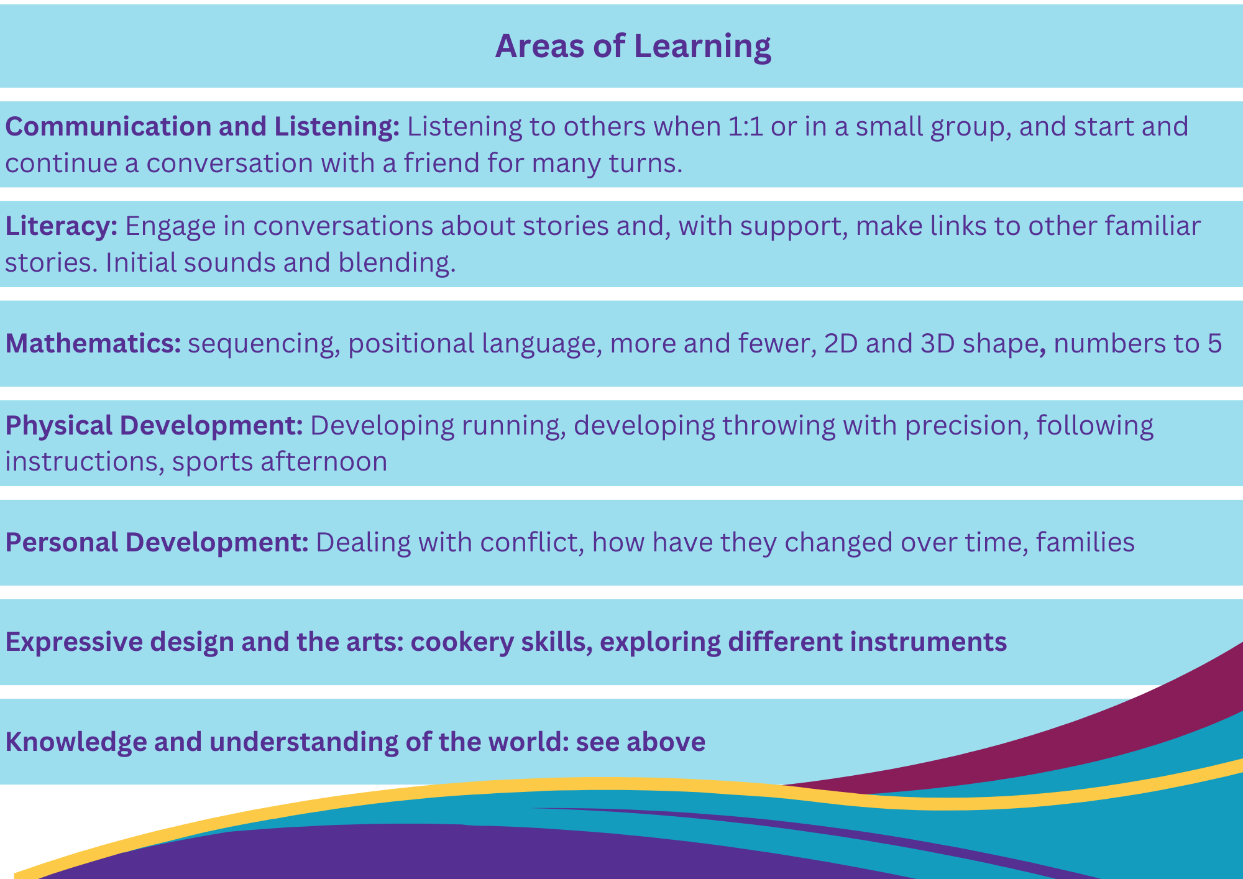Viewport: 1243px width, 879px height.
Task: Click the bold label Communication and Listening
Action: [203, 127]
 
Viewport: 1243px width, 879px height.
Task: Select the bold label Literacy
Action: [62, 227]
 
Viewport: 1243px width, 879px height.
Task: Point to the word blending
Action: [397, 263]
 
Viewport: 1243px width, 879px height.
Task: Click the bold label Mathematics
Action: [93, 344]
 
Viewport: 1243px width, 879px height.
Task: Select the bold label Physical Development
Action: [154, 426]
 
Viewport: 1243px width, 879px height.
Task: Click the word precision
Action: [963, 426]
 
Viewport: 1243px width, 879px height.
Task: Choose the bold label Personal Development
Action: [157, 543]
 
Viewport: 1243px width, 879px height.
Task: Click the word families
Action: [1085, 543]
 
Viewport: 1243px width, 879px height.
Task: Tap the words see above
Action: [641, 742]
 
